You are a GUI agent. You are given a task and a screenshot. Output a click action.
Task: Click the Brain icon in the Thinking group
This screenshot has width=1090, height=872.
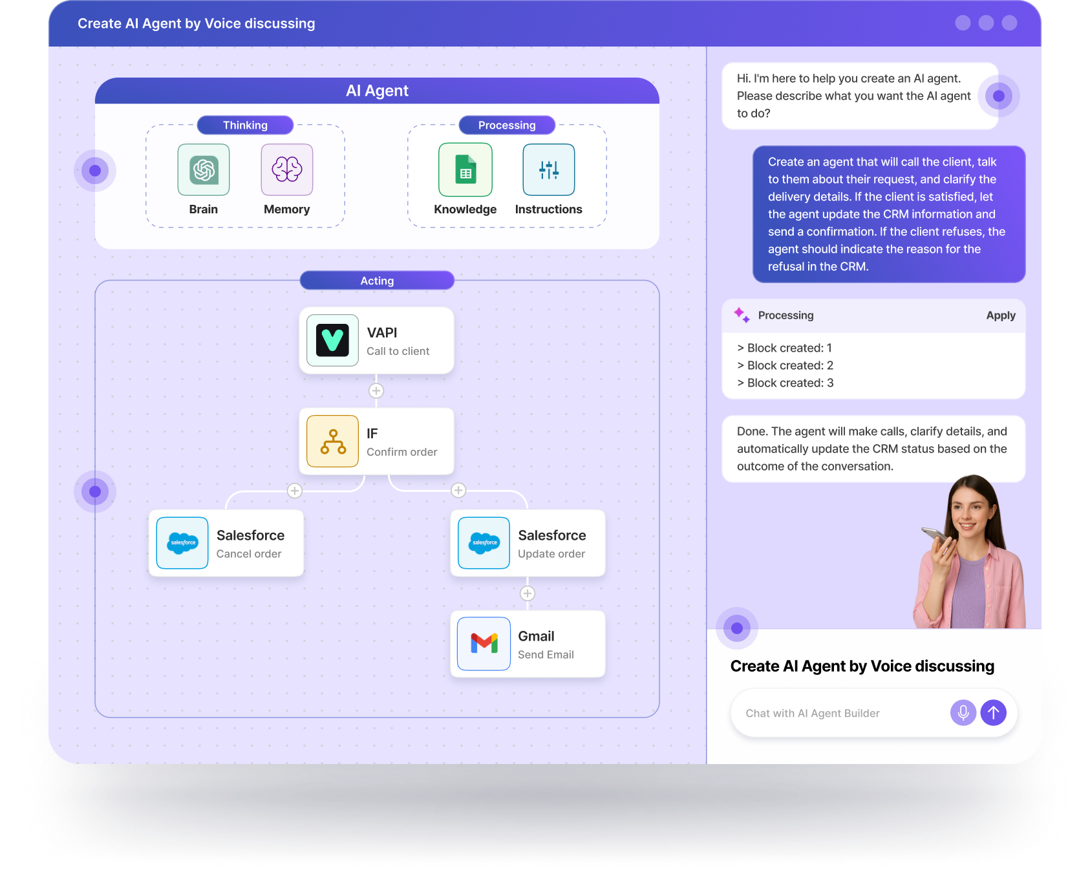(204, 170)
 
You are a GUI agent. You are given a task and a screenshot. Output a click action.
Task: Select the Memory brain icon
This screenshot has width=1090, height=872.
(287, 170)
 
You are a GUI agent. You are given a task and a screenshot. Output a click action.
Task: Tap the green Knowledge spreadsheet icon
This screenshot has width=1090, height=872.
(465, 170)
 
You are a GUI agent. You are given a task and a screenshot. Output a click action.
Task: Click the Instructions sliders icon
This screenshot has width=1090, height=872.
(549, 170)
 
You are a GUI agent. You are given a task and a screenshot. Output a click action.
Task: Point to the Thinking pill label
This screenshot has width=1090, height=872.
(245, 125)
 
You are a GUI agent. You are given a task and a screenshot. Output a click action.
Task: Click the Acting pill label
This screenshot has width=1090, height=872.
(377, 281)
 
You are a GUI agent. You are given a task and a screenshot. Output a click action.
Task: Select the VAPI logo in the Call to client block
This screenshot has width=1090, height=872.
(333, 340)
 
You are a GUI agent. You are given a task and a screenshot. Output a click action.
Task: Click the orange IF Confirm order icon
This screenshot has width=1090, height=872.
(333, 441)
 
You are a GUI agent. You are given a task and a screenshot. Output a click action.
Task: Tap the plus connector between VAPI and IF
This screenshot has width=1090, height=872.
(376, 391)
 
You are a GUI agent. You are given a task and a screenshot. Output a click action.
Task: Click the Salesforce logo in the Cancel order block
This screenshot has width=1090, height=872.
(182, 543)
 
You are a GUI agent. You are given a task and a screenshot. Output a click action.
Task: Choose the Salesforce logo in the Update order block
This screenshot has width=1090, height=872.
(484, 543)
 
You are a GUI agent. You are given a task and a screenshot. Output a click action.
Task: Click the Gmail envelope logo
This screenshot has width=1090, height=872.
(484, 644)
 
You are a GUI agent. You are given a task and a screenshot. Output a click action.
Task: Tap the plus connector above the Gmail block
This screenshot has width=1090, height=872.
(528, 593)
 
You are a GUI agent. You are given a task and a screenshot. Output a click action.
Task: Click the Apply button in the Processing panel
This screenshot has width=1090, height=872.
(1000, 315)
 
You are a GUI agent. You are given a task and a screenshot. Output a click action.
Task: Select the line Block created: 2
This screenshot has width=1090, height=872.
(785, 365)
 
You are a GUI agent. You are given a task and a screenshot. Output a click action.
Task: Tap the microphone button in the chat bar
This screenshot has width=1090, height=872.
(963, 713)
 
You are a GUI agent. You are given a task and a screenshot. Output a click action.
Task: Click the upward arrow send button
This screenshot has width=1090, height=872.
(994, 713)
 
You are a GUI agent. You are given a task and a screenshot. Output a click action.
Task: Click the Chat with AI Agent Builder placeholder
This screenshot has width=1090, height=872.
(813, 713)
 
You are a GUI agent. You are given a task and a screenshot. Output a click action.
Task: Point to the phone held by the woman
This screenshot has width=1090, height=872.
(934, 535)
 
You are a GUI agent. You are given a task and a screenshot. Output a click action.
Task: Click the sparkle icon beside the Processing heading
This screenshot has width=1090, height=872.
(742, 315)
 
